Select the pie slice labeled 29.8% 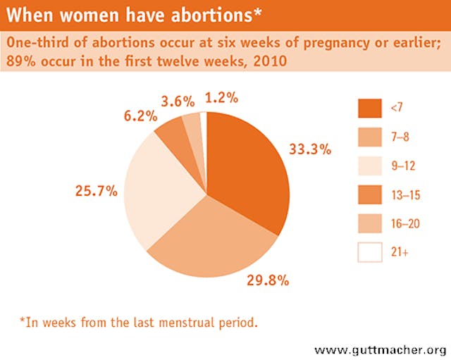pos(211,240)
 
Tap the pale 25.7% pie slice pos(159,187)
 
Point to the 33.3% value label pos(310,149)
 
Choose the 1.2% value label pos(221,97)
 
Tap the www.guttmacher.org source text pos(381,349)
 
